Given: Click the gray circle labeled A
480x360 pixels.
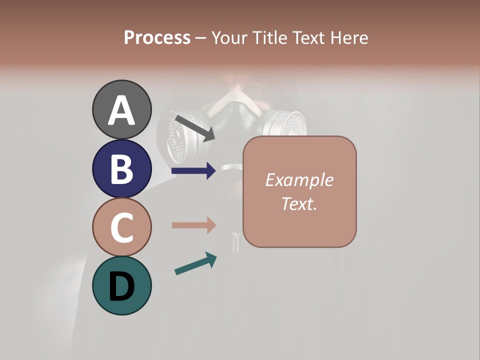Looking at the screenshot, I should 121,109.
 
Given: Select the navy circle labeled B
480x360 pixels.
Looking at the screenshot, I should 121,169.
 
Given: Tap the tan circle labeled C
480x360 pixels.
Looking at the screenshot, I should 121,227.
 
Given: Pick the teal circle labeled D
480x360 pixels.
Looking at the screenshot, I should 121,285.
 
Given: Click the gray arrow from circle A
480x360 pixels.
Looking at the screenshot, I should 195,127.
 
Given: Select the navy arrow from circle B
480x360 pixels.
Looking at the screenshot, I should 193,171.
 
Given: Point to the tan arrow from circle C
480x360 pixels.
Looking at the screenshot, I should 193,225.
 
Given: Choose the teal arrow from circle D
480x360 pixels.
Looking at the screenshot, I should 195,263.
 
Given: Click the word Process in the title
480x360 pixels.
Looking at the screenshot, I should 157,37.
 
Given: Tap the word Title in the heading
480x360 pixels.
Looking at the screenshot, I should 269,37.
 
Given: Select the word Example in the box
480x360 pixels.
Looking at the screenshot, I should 299,180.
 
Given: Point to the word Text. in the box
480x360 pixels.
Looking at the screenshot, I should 299,203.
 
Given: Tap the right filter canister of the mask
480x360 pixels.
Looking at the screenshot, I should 285,123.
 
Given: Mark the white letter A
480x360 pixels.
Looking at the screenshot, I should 121,110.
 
